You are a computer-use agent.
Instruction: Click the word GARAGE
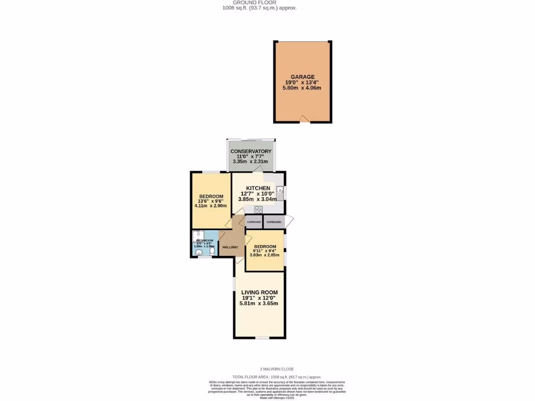(303, 77)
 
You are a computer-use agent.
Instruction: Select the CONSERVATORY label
(251, 151)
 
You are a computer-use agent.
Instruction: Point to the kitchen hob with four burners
(258, 209)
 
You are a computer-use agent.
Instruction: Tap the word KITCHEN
(258, 188)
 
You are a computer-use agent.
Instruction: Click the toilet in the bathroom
(212, 251)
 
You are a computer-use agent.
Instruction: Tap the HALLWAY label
(230, 247)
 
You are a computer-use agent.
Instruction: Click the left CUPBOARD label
(254, 222)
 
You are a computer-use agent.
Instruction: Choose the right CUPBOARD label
(274, 222)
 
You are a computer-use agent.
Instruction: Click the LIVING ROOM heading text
(259, 292)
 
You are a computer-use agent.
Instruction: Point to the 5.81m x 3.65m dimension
(259, 303)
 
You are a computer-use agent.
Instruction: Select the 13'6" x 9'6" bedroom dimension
(211, 201)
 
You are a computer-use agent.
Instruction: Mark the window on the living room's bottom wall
(262, 338)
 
